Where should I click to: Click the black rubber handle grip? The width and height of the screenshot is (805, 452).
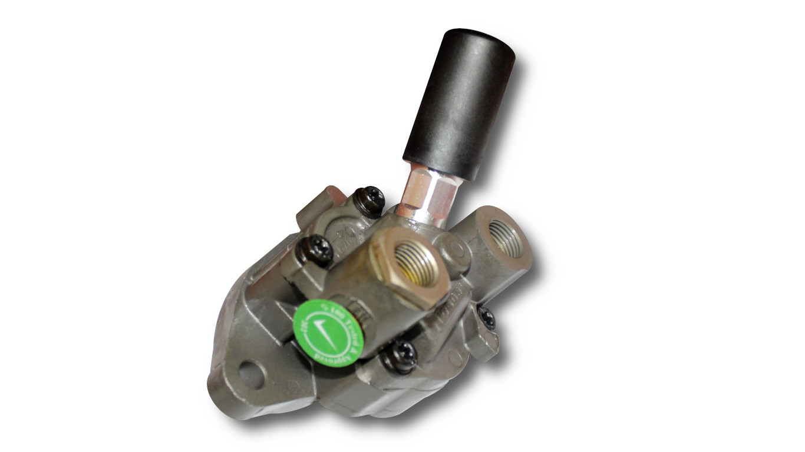(x=457, y=106)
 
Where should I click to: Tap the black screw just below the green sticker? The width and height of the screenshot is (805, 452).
(x=401, y=355)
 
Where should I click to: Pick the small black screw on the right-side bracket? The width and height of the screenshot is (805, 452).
(x=487, y=318)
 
